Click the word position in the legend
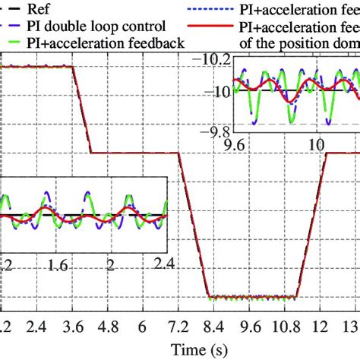pyautogui.click(x=305, y=42)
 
